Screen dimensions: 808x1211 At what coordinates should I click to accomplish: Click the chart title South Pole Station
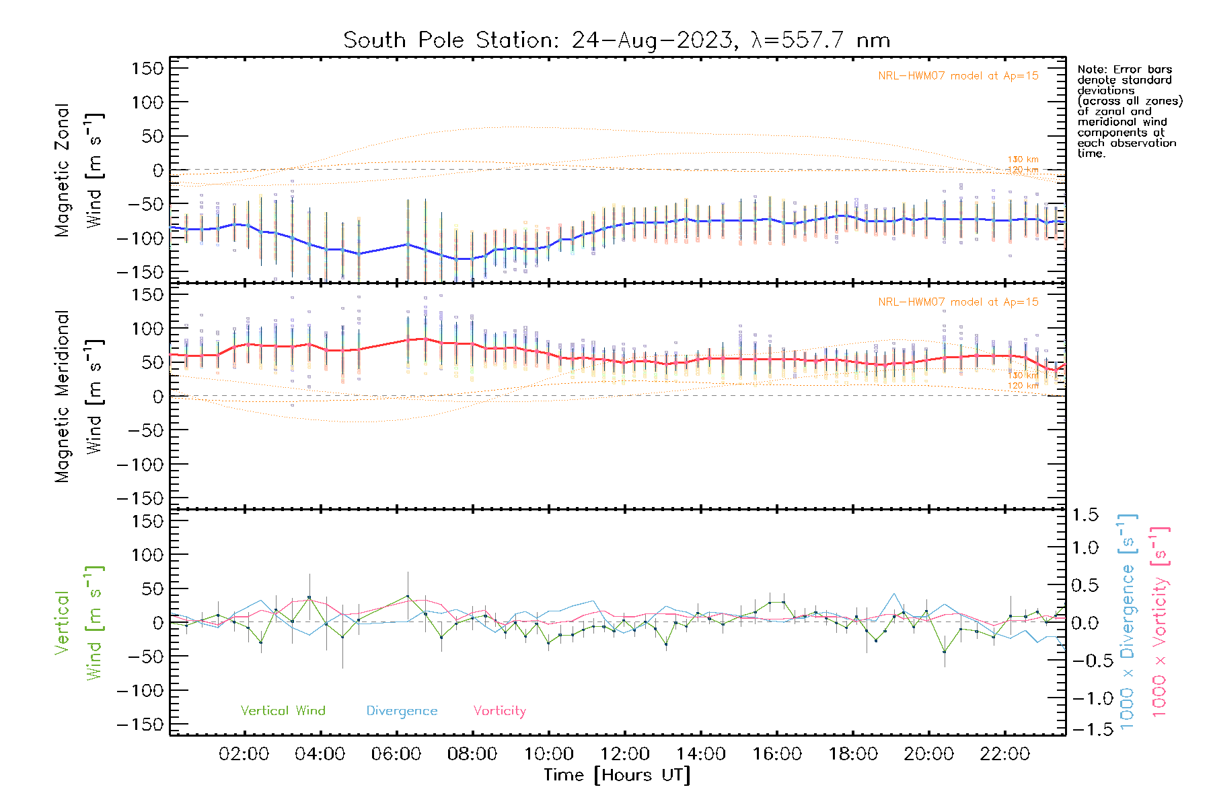click(616, 40)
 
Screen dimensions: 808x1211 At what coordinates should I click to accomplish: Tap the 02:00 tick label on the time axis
click(244, 754)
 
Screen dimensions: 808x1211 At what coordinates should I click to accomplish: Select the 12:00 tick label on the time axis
click(624, 754)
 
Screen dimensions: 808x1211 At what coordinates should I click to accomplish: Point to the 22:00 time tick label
click(1004, 754)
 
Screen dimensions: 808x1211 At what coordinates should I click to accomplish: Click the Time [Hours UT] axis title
click(617, 775)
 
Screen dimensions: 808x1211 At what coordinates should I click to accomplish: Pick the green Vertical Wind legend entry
click(283, 710)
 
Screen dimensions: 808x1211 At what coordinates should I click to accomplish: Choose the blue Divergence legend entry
click(402, 710)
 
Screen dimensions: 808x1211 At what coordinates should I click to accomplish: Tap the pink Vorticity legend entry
click(499, 710)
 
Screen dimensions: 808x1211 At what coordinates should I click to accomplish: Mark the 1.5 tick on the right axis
click(1085, 515)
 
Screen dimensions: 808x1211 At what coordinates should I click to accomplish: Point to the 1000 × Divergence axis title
click(1128, 622)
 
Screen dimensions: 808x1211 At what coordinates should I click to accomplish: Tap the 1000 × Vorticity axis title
click(1160, 622)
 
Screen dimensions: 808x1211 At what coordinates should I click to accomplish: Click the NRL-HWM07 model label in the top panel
click(958, 76)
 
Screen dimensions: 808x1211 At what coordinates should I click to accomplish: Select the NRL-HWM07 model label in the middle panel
click(958, 302)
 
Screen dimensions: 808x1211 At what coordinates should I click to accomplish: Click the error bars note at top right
click(1129, 111)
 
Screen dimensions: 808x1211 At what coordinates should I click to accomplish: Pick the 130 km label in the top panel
click(1023, 160)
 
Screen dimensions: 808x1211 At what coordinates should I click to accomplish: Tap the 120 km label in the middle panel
click(1023, 386)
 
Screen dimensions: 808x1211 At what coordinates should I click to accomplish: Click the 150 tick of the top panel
click(147, 69)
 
